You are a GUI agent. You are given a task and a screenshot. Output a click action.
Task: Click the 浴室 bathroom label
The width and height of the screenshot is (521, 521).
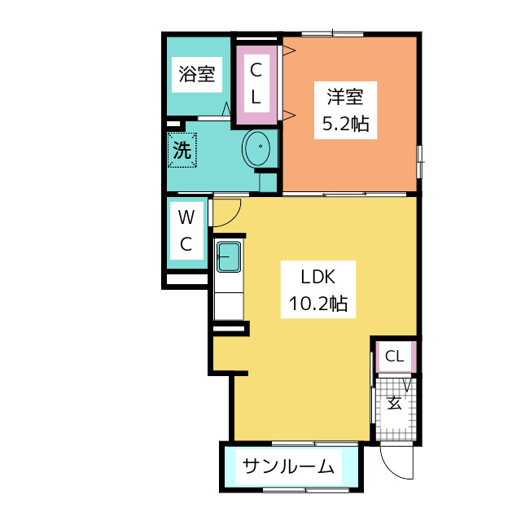(197, 74)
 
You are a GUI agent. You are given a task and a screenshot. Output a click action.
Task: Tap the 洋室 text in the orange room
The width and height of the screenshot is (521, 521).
(345, 97)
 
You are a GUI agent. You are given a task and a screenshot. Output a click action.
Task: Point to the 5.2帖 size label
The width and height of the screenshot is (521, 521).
(345, 124)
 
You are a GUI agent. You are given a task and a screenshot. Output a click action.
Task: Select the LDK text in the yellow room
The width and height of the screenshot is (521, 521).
(318, 277)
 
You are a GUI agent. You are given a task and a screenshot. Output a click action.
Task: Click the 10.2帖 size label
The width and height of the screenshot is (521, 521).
(318, 304)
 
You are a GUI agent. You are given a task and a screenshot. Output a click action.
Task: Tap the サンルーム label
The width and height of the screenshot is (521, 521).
(288, 466)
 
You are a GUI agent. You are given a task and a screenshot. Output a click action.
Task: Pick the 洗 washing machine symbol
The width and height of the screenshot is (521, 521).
(182, 150)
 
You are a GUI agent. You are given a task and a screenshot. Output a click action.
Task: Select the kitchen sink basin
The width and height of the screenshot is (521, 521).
(229, 257)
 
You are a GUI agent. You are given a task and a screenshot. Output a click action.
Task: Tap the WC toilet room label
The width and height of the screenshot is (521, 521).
(186, 230)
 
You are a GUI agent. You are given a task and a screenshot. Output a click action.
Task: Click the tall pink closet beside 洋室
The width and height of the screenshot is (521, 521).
(256, 85)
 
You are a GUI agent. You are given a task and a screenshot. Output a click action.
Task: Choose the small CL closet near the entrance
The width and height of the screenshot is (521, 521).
(396, 357)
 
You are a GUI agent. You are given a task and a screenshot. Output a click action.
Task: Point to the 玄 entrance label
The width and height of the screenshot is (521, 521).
(394, 403)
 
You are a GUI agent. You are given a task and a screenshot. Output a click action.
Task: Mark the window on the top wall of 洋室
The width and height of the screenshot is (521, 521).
(333, 33)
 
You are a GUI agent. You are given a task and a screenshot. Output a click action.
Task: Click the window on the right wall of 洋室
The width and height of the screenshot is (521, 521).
(420, 162)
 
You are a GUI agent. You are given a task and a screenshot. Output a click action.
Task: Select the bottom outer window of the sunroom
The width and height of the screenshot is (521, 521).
(306, 490)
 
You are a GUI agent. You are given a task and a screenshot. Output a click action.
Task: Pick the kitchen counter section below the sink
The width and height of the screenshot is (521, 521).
(229, 306)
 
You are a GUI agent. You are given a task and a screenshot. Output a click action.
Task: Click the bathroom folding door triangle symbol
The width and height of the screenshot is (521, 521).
(226, 108)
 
